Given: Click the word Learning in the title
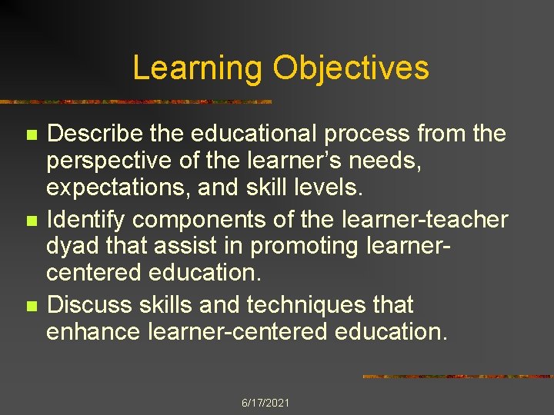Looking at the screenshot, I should (x=197, y=68).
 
